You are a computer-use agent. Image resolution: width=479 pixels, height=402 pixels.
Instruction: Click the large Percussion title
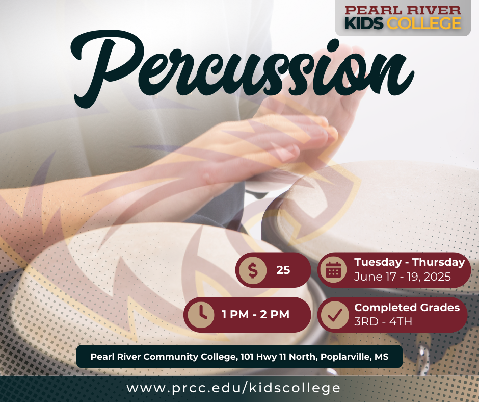coord(240,66)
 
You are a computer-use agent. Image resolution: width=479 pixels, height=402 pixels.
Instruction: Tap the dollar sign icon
coord(253,270)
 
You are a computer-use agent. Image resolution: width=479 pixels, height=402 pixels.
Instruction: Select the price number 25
coord(283,270)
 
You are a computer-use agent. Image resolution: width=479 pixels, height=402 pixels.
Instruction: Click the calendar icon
coord(333,270)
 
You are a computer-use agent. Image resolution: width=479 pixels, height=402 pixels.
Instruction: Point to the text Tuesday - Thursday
coord(409,262)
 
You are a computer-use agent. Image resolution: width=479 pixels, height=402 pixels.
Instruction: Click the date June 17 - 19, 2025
coord(403,278)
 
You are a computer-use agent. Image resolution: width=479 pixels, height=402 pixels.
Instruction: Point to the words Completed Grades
coord(407,308)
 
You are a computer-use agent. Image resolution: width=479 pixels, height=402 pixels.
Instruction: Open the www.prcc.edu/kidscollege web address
coord(233,388)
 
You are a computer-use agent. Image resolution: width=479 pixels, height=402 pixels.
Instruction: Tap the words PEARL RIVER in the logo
coord(403,10)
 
